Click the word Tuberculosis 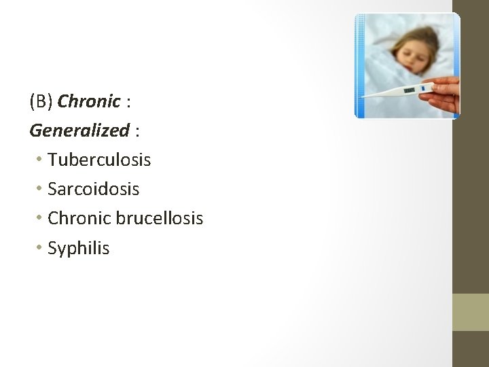(x=99, y=160)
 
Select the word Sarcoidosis (x=93, y=189)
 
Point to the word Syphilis (x=78, y=248)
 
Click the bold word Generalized (x=79, y=130)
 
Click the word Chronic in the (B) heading (x=89, y=101)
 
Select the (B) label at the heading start (x=41, y=101)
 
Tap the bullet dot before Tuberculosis (x=41, y=160)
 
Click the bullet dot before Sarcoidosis (x=41, y=189)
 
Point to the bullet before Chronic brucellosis (x=41, y=218)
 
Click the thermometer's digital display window (x=410, y=90)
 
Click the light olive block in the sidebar (x=471, y=311)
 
